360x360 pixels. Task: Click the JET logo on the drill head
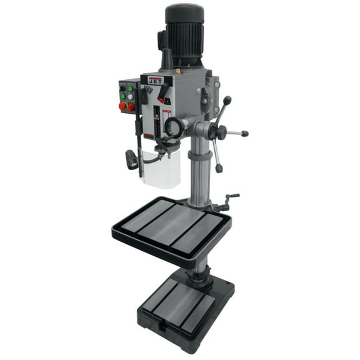tap(156, 80)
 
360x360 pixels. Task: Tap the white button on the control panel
tap(122, 97)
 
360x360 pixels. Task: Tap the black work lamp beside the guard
tap(132, 159)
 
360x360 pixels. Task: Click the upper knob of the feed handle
tap(227, 99)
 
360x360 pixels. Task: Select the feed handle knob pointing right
tap(244, 133)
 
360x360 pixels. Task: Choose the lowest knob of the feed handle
tap(219, 167)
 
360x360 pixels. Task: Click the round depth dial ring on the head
tap(174, 128)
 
